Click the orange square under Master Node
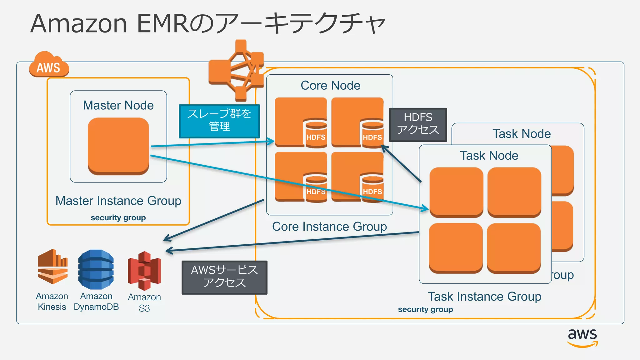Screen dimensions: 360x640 click(x=118, y=145)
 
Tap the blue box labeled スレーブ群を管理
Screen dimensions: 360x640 click(x=219, y=121)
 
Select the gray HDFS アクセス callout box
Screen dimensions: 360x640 click(x=418, y=124)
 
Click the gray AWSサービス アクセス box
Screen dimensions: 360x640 click(x=224, y=277)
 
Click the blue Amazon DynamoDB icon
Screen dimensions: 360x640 click(x=96, y=269)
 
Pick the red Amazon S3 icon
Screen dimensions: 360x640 click(x=144, y=271)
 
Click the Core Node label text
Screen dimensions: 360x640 click(x=330, y=85)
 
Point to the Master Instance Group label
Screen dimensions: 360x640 click(x=118, y=201)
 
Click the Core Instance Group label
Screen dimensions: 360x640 click(x=329, y=226)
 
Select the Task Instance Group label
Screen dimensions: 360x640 click(x=484, y=296)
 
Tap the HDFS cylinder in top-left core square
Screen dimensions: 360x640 click(x=316, y=133)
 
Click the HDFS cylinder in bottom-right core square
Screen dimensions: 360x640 click(x=372, y=187)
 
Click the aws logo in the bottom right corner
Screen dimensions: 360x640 click(x=582, y=337)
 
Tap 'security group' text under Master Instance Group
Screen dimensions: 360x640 click(x=118, y=217)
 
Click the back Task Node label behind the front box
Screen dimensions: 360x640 click(x=521, y=134)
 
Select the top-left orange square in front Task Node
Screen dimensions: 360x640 click(x=456, y=192)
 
